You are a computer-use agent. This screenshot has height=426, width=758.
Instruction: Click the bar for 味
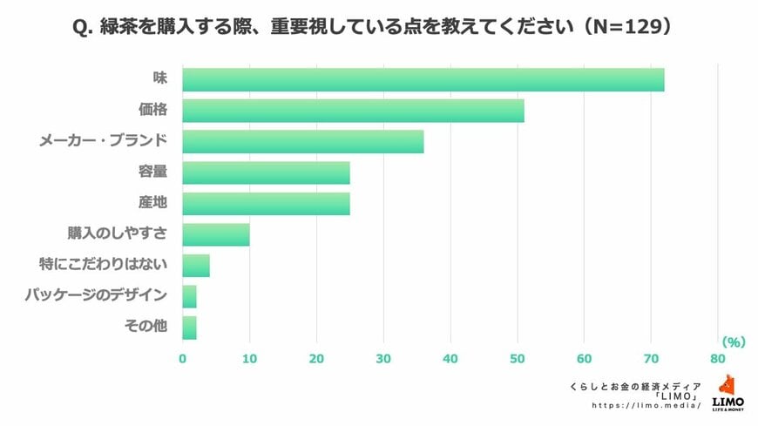tap(423, 79)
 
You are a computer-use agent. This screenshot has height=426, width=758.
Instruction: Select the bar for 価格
tap(353, 111)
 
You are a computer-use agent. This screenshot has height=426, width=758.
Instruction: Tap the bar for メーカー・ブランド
tap(302, 141)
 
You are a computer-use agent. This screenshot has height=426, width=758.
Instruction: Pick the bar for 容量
tap(266, 172)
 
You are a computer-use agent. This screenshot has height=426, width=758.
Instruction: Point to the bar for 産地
tap(266, 204)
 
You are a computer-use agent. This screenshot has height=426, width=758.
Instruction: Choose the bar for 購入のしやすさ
tap(216, 234)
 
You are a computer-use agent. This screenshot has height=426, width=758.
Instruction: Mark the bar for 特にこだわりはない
tap(196, 265)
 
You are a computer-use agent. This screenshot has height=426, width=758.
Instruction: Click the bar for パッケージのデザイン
tap(189, 296)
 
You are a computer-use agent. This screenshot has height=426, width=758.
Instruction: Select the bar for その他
tap(189, 328)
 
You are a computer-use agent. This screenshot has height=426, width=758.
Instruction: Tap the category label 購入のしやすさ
tap(118, 234)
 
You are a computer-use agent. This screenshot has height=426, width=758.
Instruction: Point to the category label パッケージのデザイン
tap(97, 296)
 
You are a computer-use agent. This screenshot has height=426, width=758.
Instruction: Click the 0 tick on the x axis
tap(183, 358)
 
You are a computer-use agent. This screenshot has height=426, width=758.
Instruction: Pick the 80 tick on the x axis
tap(718, 358)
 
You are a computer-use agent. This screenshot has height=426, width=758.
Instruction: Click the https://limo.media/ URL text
tap(646, 406)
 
